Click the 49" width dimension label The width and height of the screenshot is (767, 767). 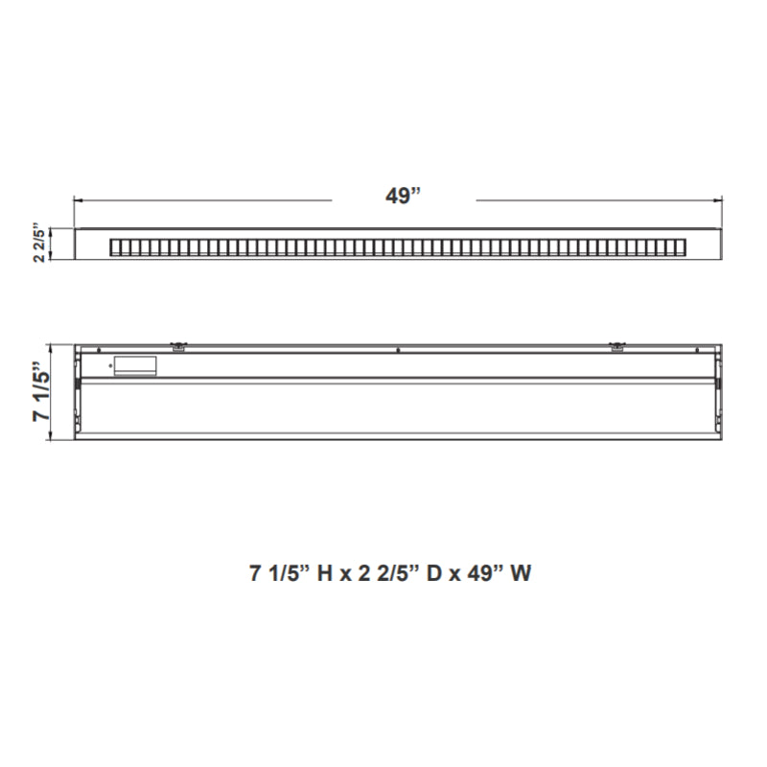coord(404,197)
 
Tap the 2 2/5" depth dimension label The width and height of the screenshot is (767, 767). coord(38,244)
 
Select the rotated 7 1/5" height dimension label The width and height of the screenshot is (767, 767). coord(41,391)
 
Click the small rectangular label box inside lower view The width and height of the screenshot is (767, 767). coord(134,365)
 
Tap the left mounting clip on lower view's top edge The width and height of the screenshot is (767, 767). coord(177,345)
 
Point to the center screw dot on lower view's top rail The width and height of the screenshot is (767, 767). coord(397,350)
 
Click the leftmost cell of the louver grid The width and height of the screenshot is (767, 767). coord(115,247)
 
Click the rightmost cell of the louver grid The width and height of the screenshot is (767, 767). coord(683,247)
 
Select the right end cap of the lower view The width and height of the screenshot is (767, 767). coord(717,391)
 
